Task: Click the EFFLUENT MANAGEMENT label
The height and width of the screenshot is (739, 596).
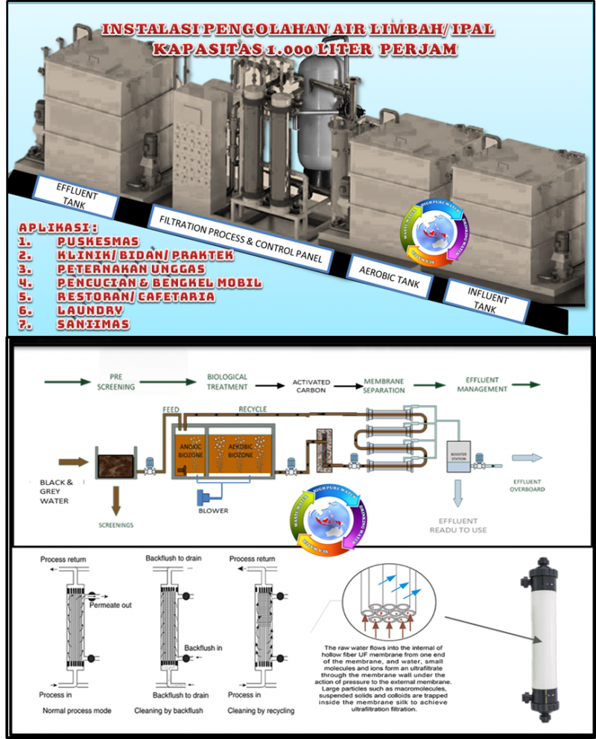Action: (482, 384)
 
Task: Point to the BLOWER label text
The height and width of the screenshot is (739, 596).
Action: (213, 511)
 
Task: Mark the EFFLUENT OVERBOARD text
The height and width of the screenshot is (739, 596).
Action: (528, 485)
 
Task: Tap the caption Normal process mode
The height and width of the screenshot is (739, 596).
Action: (77, 711)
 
